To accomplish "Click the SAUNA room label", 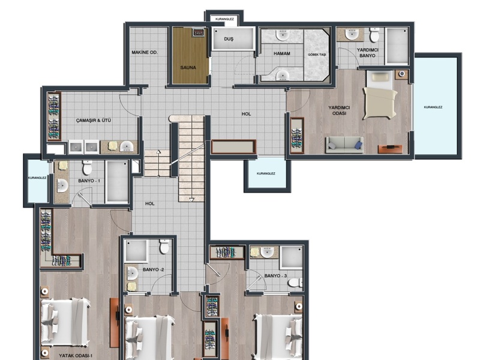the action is pyautogui.click(x=188, y=67).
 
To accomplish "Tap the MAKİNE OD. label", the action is pyautogui.click(x=145, y=52).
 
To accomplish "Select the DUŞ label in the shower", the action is pyautogui.click(x=229, y=39).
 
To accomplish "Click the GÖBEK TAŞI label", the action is pyautogui.click(x=317, y=55).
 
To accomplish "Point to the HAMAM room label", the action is pyautogui.click(x=281, y=53).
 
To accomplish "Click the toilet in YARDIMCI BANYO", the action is pyautogui.click(x=374, y=35).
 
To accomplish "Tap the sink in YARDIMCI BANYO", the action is pyautogui.click(x=352, y=34).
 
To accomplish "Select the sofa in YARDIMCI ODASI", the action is pyautogui.click(x=344, y=145).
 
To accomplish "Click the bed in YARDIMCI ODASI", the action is pyautogui.click(x=380, y=95).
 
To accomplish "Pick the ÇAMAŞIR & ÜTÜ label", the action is pyautogui.click(x=94, y=121).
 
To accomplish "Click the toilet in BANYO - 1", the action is pyautogui.click(x=87, y=167).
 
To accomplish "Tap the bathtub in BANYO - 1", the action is pyautogui.click(x=117, y=182).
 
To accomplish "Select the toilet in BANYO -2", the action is pyautogui.click(x=164, y=247).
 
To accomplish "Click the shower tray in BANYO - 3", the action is pyautogui.click(x=291, y=257).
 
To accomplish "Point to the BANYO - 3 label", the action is pyautogui.click(x=275, y=276).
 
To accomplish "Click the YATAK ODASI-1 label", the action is pyautogui.click(x=76, y=356).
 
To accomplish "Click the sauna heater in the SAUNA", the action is pyautogui.click(x=199, y=32).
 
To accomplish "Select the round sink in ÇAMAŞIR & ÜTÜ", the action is pyautogui.click(x=126, y=146).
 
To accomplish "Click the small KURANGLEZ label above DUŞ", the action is pyautogui.click(x=224, y=19).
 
